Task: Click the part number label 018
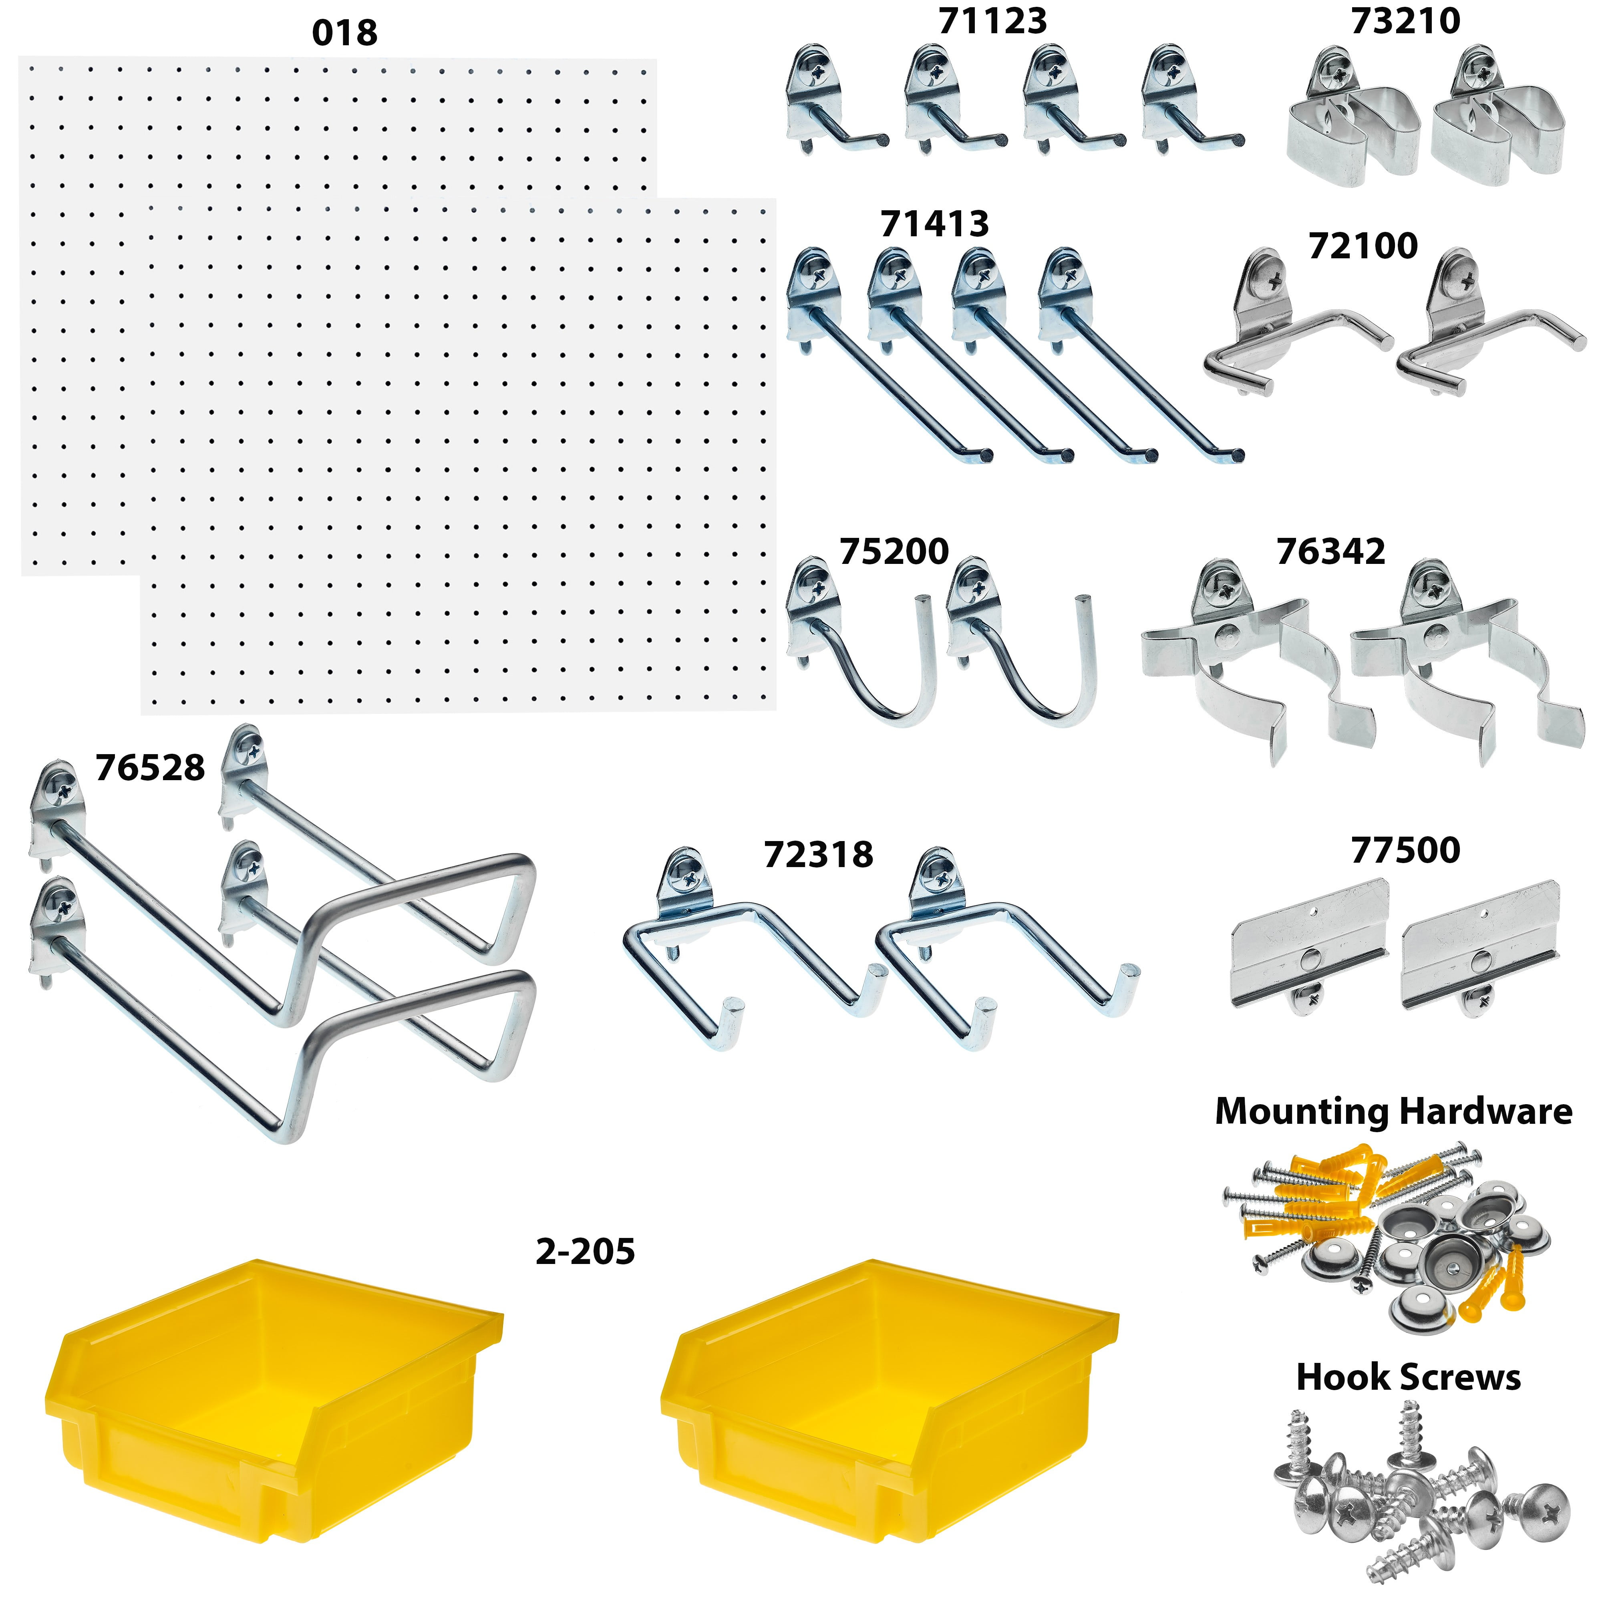pos(345,33)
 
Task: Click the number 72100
pos(1363,246)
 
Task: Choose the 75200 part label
pos(895,551)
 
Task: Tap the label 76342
pos(1331,551)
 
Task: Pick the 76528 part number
pos(150,768)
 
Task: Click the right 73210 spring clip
pos(1497,116)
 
